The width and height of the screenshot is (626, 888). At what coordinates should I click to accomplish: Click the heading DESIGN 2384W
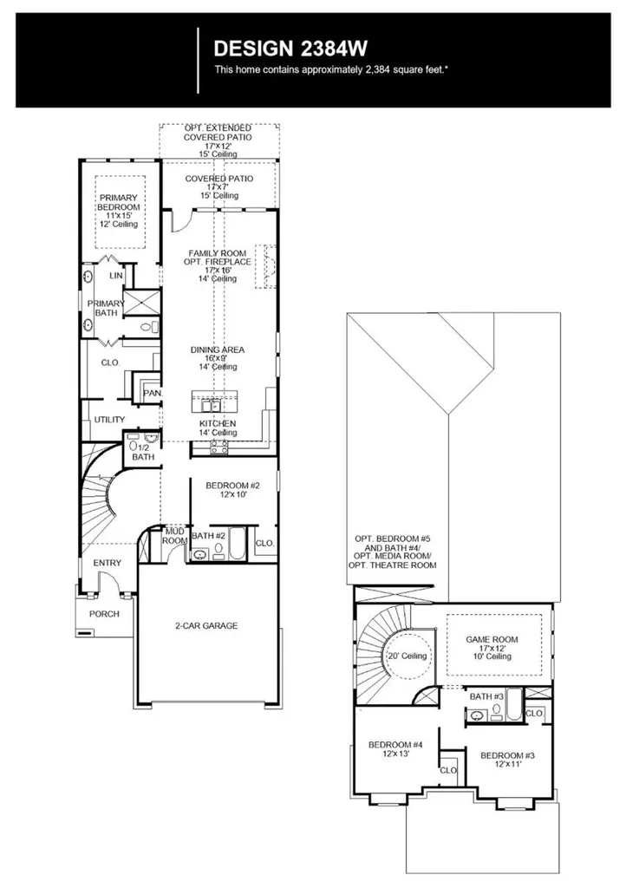coord(290,49)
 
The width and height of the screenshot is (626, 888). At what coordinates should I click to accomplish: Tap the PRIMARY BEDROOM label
coord(119,202)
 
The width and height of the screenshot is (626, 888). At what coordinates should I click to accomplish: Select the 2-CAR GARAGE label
coord(206,626)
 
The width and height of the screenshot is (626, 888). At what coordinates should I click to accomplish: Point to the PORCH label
coord(105,613)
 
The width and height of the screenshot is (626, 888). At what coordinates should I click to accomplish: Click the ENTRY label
coord(107,563)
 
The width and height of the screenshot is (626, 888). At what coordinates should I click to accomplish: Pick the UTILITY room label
coord(109,420)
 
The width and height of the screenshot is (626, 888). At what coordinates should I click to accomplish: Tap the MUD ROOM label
coord(175,536)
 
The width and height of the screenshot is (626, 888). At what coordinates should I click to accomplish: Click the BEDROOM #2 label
coord(232,486)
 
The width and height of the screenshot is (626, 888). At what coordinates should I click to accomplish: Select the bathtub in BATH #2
coord(237,544)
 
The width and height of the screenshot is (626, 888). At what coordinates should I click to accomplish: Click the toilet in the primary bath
coord(149,327)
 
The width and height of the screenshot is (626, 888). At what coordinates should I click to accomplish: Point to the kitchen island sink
coord(210,405)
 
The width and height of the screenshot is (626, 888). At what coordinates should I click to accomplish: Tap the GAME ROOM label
coord(492,639)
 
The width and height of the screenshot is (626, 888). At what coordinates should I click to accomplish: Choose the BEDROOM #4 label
coord(395,745)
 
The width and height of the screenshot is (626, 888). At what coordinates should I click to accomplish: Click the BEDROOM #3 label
coord(508,755)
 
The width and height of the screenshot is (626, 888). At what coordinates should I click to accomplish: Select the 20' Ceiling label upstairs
coord(407,656)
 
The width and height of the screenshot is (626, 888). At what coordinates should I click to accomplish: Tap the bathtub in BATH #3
coord(514,704)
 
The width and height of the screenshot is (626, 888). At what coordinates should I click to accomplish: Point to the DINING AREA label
coord(218,350)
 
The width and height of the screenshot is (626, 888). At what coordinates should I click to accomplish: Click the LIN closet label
coord(116,276)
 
